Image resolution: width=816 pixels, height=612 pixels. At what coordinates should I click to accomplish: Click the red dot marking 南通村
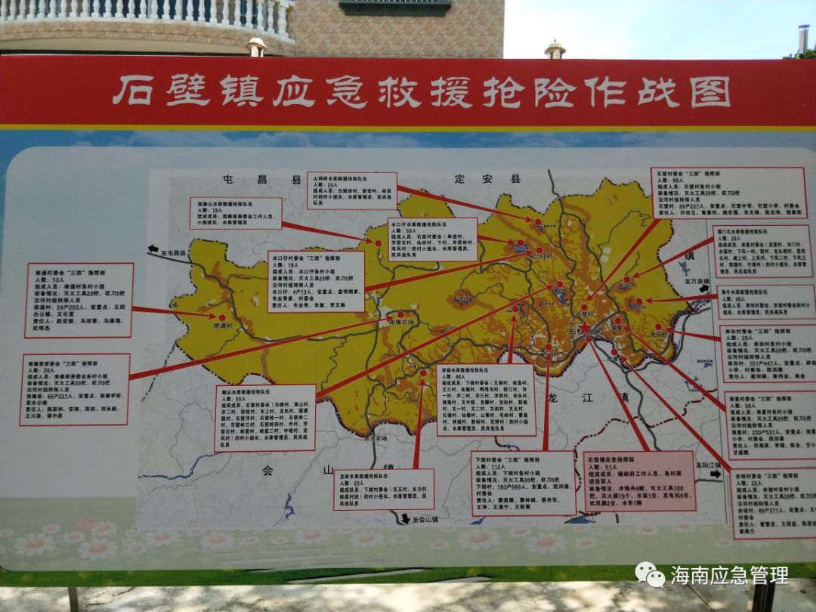tap(222, 317)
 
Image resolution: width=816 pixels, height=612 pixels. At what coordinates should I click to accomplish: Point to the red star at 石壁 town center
tap(585, 328)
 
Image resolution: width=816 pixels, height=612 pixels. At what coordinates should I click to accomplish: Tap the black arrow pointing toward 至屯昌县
tap(153, 249)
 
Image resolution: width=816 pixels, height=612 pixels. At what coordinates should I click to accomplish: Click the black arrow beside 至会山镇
tap(406, 518)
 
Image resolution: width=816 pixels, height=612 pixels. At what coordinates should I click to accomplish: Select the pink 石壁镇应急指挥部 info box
tap(638, 481)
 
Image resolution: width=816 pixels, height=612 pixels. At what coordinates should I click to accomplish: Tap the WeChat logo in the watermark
tap(649, 574)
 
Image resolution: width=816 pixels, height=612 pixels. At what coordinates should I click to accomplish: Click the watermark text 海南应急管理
tap(729, 575)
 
